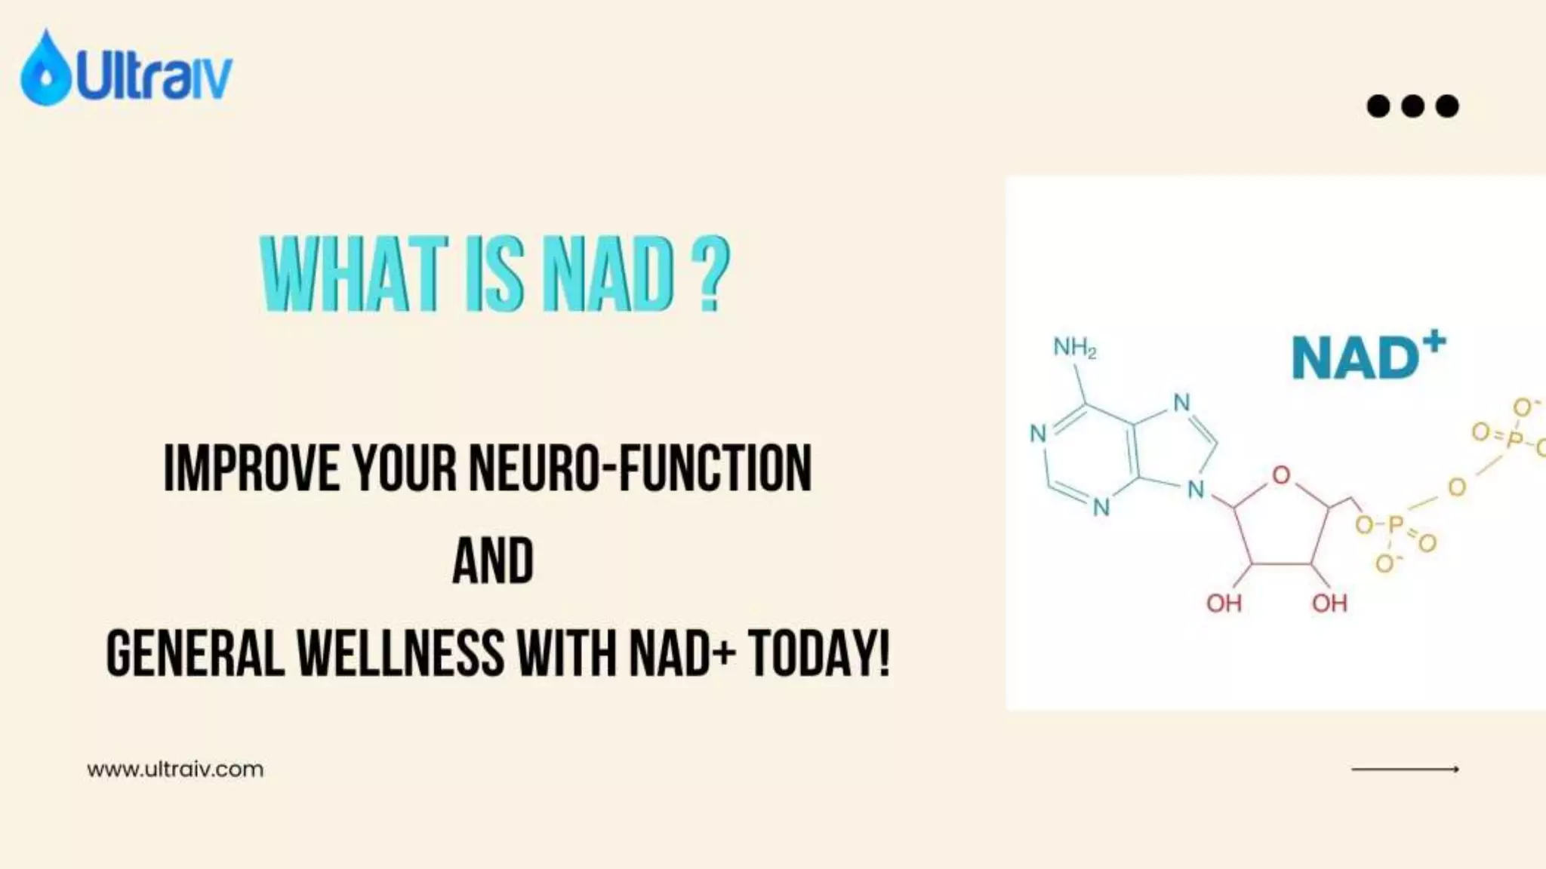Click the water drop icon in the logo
tap(45, 69)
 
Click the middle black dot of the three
tap(1412, 106)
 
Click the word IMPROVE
tap(251, 468)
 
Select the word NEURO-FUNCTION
tap(640, 468)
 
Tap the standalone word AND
tap(493, 561)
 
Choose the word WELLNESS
tap(400, 653)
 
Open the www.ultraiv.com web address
tap(175, 769)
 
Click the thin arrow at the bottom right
tap(1405, 769)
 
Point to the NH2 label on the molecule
tap(1074, 348)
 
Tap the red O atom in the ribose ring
tap(1281, 475)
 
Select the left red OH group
tap(1224, 603)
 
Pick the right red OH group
tap(1329, 603)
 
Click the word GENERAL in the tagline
tap(196, 653)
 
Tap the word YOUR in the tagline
tap(405, 468)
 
